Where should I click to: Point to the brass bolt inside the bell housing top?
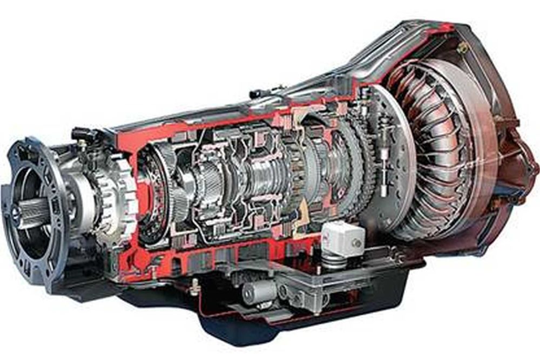coord(462,47)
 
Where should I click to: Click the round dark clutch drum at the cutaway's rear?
coord(157,189)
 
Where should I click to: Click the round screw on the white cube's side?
coord(355,242)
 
